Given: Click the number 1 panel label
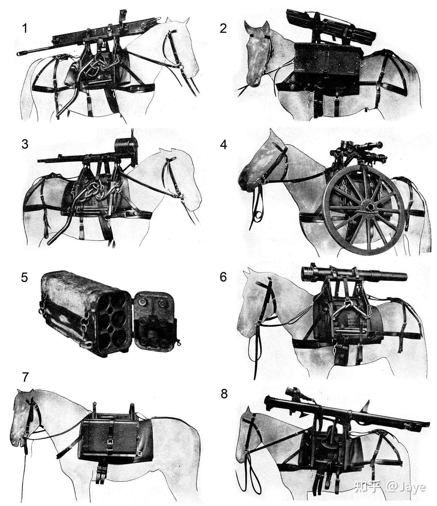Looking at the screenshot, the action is tap(25, 28).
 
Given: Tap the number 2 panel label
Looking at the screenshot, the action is tap(223, 28).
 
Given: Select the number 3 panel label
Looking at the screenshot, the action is tap(25, 144).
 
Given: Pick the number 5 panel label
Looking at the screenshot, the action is tap(25, 278).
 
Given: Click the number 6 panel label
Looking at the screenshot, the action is tap(223, 277).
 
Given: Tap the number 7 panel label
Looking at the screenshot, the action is tap(26, 377).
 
